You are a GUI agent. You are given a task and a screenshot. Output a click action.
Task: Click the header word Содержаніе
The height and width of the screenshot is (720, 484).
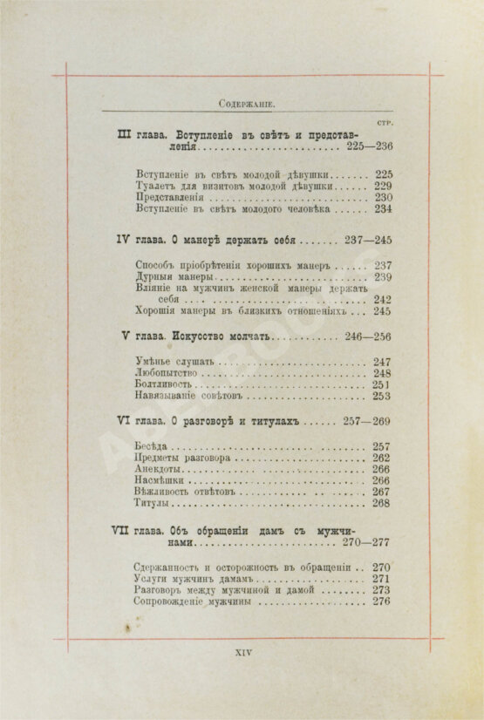(x=247, y=104)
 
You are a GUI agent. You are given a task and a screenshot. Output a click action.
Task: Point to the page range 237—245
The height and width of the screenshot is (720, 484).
(x=369, y=240)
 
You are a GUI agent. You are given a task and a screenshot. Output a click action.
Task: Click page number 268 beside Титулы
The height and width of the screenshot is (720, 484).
(x=381, y=503)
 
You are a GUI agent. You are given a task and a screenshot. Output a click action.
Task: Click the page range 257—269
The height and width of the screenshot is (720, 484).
(x=369, y=421)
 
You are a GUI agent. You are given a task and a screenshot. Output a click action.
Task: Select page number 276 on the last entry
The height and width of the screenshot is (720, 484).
(x=381, y=601)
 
